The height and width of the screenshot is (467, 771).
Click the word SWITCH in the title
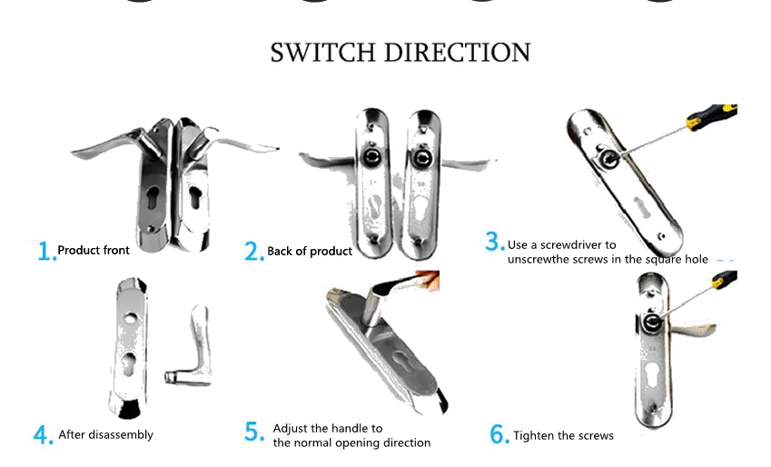click(323, 52)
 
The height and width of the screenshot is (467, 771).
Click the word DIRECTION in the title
click(457, 52)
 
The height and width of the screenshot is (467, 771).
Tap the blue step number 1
click(45, 251)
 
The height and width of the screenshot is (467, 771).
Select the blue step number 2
click(253, 252)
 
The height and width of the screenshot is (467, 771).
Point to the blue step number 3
click(494, 242)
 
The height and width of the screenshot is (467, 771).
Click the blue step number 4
click(43, 436)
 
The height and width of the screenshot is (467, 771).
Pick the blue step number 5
click(253, 432)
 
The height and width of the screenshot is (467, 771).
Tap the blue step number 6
click(499, 435)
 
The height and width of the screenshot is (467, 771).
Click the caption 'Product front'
click(94, 250)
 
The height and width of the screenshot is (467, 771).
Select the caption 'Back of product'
click(310, 251)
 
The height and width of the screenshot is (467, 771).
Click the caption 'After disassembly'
click(106, 435)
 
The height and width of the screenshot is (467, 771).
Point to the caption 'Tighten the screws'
click(563, 436)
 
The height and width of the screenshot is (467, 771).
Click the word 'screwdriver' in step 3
click(586, 244)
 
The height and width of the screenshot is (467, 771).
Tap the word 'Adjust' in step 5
click(291, 428)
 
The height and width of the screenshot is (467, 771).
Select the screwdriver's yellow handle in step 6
click(723, 281)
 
